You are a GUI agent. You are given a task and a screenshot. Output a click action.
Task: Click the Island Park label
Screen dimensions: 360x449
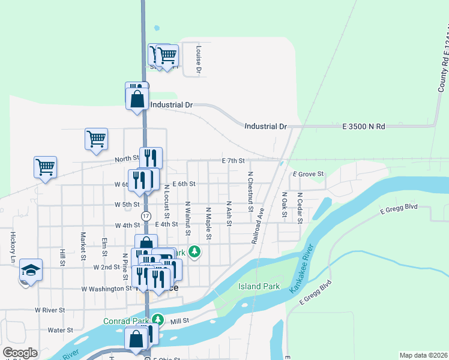[x=259, y=286]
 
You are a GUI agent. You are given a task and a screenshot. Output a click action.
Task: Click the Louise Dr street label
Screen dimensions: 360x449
[x=199, y=58]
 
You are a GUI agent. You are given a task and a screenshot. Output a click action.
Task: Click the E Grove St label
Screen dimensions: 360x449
[x=308, y=174]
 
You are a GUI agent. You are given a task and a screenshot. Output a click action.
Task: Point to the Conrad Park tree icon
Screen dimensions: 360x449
[x=157, y=319]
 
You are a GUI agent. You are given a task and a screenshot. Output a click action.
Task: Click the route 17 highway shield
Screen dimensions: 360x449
[x=146, y=215]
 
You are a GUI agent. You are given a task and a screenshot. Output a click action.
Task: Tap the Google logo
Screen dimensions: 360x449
[x=20, y=353]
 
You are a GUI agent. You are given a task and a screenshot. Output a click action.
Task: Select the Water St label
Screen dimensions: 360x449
[x=60, y=330]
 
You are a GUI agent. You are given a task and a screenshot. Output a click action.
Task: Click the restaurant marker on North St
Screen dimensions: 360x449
[x=151, y=158]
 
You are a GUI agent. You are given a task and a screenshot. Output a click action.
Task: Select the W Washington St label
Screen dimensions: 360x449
[x=106, y=289]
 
